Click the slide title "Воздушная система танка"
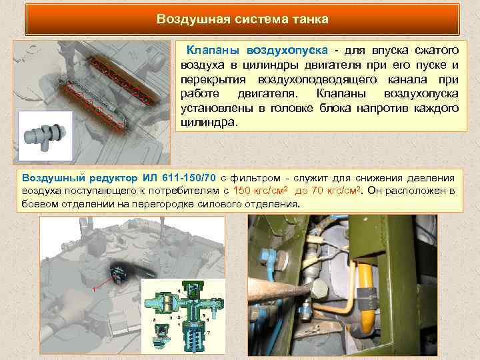242,19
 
